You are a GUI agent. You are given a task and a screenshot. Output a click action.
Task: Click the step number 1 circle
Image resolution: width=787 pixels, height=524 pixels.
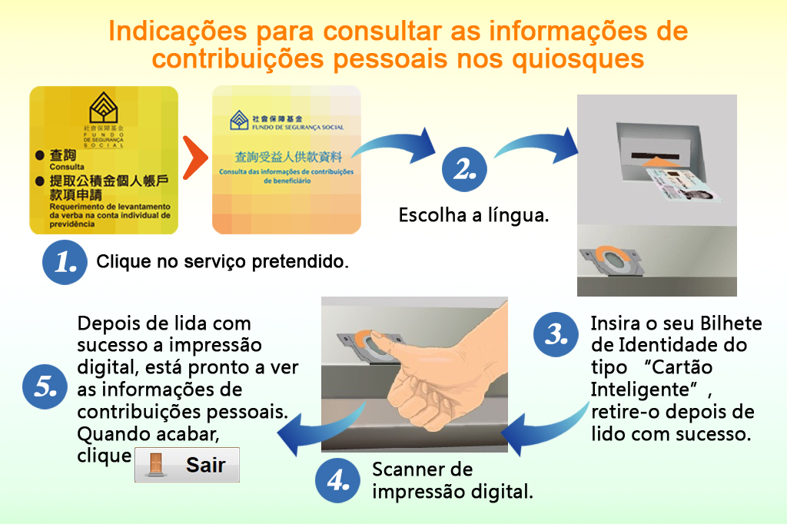click(x=64, y=262)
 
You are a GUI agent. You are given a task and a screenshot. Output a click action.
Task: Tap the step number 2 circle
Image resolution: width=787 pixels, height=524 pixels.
click(x=463, y=170)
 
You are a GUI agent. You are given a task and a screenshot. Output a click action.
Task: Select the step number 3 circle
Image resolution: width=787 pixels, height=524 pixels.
click(x=556, y=334)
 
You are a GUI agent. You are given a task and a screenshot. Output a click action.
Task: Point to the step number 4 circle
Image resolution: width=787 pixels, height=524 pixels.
click(x=338, y=480)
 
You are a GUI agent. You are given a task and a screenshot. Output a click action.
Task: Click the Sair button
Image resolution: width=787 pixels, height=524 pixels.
click(x=187, y=465)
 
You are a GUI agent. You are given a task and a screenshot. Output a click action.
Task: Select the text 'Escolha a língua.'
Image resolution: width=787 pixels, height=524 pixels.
click(x=473, y=215)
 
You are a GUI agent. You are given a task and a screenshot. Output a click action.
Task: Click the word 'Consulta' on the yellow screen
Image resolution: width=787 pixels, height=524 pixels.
click(x=67, y=166)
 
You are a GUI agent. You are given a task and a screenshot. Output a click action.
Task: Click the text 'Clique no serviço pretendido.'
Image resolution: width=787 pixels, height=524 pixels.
click(x=222, y=262)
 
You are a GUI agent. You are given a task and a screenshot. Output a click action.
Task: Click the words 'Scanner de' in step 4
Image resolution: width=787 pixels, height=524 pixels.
click(x=421, y=469)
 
